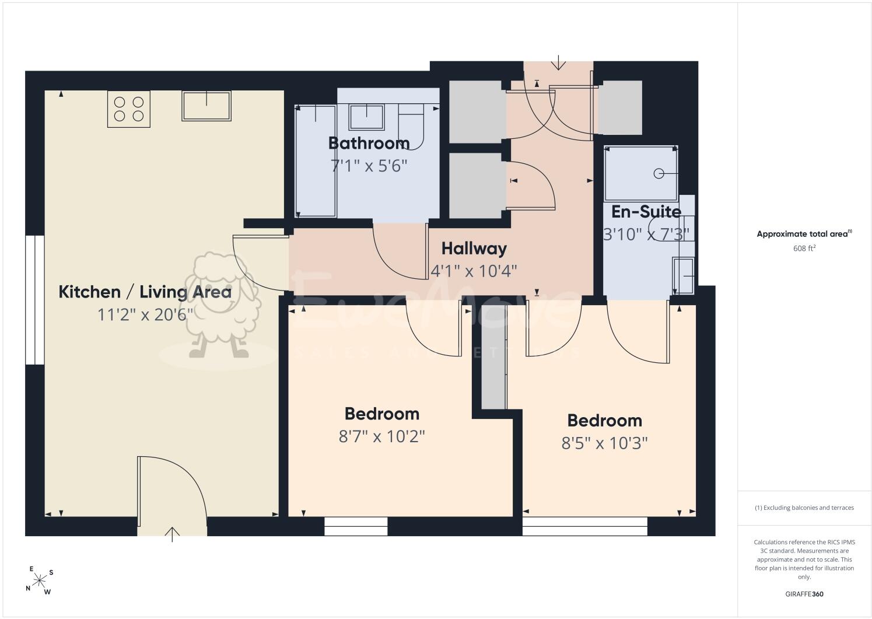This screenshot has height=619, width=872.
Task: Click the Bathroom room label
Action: click(x=369, y=144)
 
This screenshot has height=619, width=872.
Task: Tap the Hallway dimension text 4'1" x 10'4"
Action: click(x=474, y=271)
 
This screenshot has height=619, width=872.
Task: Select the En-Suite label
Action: click(x=646, y=212)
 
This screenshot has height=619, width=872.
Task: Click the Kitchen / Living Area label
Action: click(x=145, y=292)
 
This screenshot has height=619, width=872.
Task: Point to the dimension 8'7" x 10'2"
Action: click(x=381, y=436)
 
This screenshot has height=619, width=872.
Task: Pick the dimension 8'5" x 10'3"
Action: click(x=604, y=443)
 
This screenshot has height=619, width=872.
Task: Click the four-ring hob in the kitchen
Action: click(x=129, y=109)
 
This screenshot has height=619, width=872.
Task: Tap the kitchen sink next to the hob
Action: click(x=206, y=106)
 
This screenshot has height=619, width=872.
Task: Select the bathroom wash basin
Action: click(x=366, y=117)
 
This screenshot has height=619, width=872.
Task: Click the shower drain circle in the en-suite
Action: click(x=659, y=174)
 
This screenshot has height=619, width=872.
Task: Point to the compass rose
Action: click(x=39, y=581)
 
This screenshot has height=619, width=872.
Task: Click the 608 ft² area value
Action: click(x=804, y=248)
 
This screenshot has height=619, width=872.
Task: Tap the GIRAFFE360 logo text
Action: click(x=804, y=594)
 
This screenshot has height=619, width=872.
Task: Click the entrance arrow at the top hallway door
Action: click(x=559, y=62)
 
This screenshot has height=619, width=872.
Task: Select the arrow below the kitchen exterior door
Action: click(x=173, y=534)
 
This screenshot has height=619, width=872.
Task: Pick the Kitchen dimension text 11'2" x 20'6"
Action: click(x=145, y=314)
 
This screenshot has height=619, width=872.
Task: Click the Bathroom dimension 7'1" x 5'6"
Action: click(x=369, y=166)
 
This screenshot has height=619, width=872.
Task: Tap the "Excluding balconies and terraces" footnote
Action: click(x=804, y=508)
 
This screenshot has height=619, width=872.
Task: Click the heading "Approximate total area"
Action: click(x=804, y=234)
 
